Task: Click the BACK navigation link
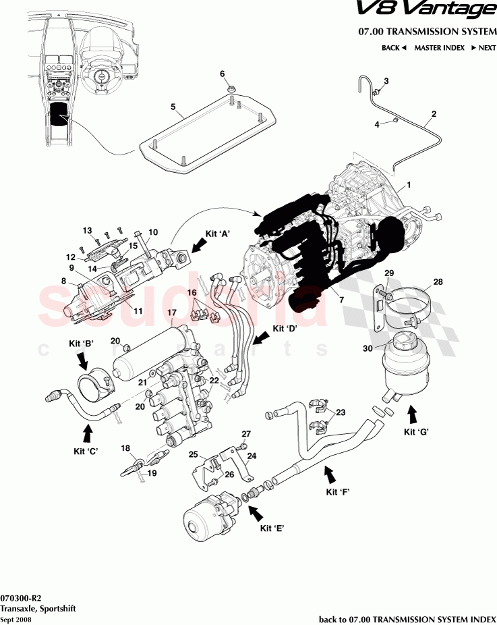coord(394,48)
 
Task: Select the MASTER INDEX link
coord(439,48)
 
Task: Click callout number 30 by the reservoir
coord(368,349)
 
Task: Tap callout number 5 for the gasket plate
coord(173,107)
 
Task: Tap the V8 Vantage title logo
coord(434,10)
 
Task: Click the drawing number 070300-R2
coord(21,598)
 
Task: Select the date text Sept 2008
coord(16,619)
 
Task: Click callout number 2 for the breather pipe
coord(434,114)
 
